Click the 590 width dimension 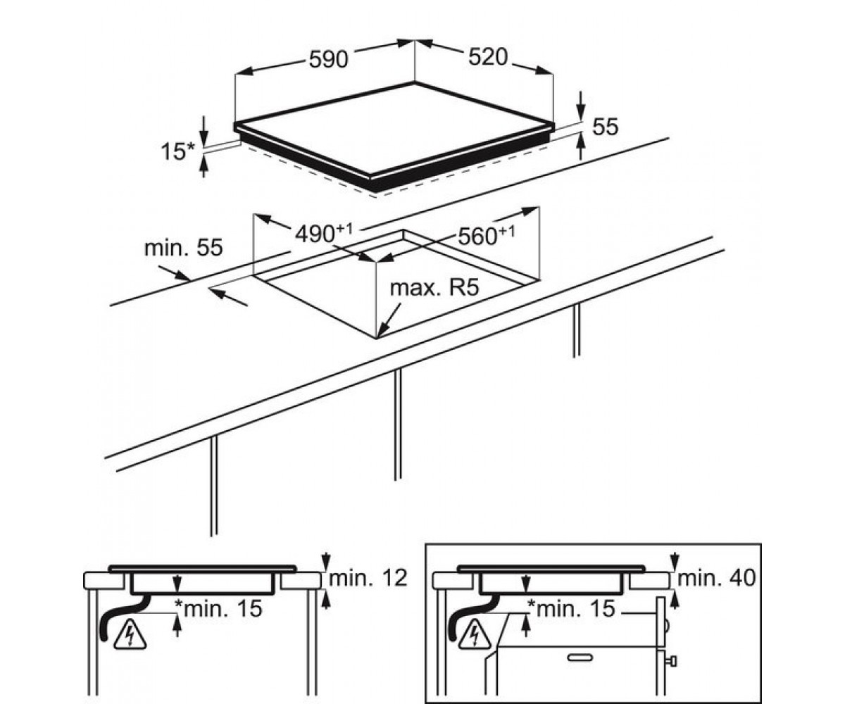coord(328,59)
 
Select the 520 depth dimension coord(488,57)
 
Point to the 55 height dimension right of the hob coord(606,127)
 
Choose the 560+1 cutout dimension coord(487,235)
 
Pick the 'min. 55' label coord(183,247)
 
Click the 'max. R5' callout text coord(434,287)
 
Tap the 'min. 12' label coord(368,578)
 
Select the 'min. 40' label coord(717,578)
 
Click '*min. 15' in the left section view coord(218,608)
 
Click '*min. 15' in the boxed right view coord(571,608)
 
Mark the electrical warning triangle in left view coord(130,635)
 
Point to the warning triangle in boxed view coord(475,635)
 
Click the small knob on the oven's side coord(672,662)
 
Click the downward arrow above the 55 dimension coord(581,106)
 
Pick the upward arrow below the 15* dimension coord(204,167)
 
